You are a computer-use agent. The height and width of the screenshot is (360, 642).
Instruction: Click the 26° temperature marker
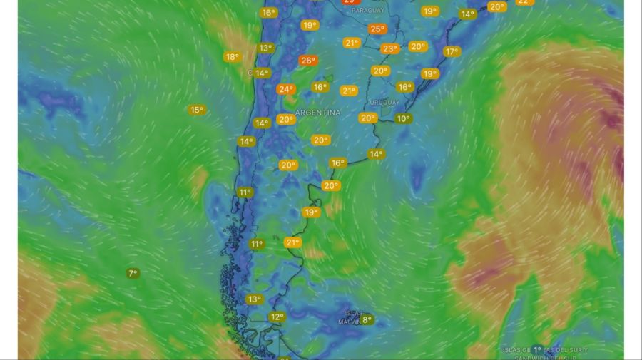point(307,61)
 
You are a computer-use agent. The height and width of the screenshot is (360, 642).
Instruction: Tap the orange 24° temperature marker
point(285,89)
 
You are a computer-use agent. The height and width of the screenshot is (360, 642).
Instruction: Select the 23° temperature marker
point(389,48)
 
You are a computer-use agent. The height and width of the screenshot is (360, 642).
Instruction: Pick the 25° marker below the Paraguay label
point(377,29)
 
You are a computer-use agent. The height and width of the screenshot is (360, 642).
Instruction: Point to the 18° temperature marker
point(232,57)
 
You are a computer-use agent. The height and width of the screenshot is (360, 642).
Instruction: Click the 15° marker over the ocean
point(196,110)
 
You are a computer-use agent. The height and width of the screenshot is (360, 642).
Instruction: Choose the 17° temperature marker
point(451,51)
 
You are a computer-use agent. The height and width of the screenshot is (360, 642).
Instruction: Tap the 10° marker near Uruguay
point(404,118)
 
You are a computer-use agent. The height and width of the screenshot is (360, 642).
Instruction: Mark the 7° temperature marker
point(133,273)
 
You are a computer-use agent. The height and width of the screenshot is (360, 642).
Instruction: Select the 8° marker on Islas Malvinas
point(367,320)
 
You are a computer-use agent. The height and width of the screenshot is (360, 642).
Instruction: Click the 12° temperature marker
point(277,317)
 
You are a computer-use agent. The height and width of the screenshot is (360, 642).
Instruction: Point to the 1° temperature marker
point(537,350)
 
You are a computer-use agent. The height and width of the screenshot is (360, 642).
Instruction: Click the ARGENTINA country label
point(317,113)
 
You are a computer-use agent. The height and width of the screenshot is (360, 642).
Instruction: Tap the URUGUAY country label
point(384,103)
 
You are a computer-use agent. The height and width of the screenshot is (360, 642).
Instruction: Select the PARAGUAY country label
point(367,11)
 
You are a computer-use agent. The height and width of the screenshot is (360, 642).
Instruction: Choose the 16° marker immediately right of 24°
point(320,87)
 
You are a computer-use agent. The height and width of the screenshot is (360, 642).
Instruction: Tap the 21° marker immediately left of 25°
point(352,43)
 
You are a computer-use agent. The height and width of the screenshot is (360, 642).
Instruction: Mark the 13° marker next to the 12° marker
point(254,299)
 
